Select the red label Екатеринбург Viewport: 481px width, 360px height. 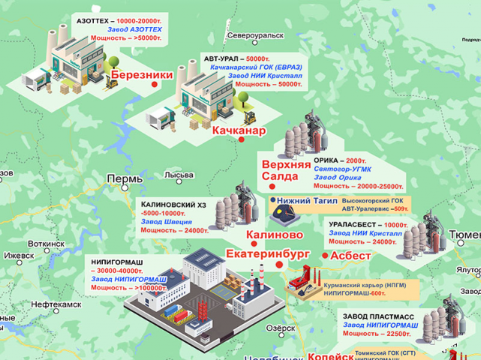(268, 254)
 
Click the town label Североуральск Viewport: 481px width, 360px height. (257, 35)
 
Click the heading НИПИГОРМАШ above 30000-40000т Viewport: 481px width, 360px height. (118, 262)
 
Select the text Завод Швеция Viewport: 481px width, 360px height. (166, 222)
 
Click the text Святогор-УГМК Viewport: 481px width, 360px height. (341, 169)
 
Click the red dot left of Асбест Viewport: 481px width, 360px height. (324, 256)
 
